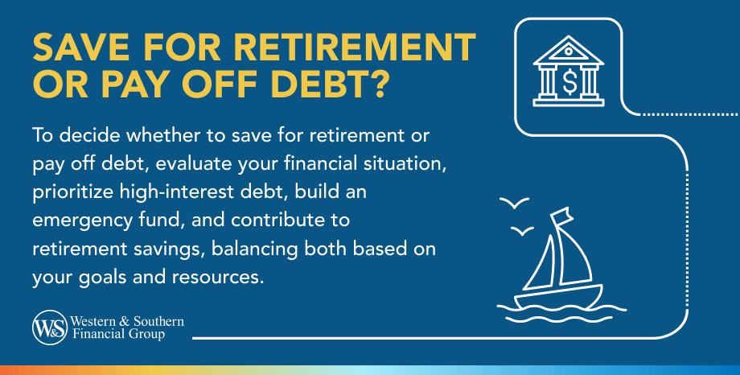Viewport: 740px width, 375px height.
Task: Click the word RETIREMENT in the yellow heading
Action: tap(355, 47)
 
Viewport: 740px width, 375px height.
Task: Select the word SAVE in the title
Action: tap(81, 47)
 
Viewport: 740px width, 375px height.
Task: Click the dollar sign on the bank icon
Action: tap(569, 81)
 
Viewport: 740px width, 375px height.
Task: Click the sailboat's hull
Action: tap(558, 297)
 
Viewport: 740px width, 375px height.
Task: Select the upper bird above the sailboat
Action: tap(515, 203)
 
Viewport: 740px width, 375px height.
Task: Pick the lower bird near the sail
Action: tap(522, 231)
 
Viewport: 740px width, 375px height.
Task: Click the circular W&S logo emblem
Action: tap(50, 328)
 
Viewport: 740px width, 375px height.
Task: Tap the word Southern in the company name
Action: tap(158, 321)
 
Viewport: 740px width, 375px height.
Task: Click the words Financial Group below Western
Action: tap(118, 335)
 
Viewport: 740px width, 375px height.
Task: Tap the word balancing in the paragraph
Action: tap(254, 249)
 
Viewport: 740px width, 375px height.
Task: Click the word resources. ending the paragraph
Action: tap(217, 278)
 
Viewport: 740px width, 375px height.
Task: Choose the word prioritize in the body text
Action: tap(72, 192)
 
